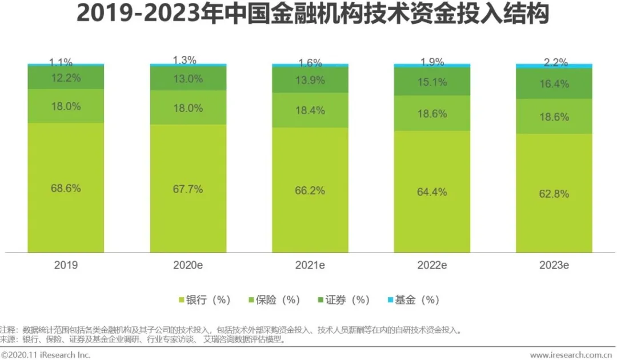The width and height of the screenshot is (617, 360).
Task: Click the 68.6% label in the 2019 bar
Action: pyautogui.click(x=66, y=188)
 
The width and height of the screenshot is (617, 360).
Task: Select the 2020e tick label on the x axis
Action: pyautogui.click(x=188, y=266)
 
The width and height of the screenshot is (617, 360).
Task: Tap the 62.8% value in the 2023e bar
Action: pyautogui.click(x=554, y=194)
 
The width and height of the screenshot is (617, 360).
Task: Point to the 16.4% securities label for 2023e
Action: pyautogui.click(x=554, y=84)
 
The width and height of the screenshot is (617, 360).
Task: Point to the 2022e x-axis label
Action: pyautogui.click(x=432, y=266)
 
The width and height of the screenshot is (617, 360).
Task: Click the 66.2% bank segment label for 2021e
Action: pyautogui.click(x=310, y=190)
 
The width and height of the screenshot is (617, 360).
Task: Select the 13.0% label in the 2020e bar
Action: pyautogui.click(x=188, y=79)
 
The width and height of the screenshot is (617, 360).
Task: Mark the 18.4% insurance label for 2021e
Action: pyautogui.click(x=310, y=110)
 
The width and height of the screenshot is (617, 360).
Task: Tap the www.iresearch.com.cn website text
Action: pyautogui.click(x=572, y=355)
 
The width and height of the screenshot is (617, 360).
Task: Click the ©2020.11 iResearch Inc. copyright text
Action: pyautogui.click(x=46, y=355)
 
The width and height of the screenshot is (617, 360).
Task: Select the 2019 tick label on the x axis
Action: pyautogui.click(x=66, y=266)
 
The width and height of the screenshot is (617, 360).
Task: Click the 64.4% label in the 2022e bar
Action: pyautogui.click(x=432, y=191)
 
